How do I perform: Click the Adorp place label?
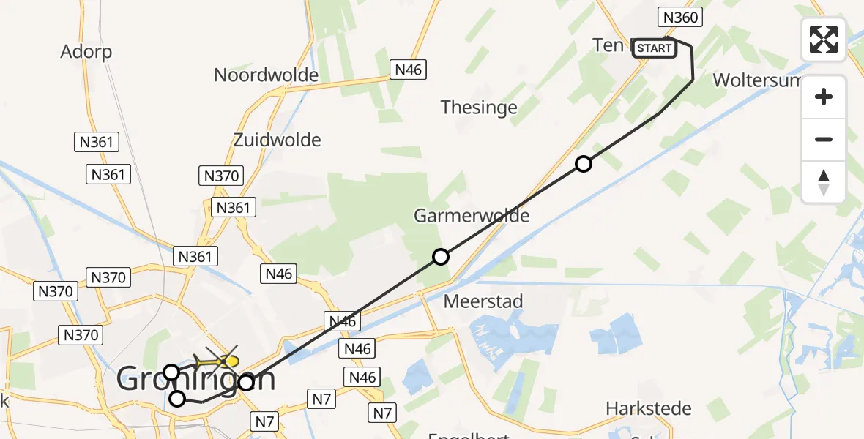(86, 51)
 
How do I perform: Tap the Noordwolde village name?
(266, 75)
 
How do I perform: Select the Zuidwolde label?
(277, 139)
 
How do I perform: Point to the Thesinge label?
(479, 108)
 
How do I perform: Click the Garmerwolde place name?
(472, 215)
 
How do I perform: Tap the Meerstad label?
(483, 301)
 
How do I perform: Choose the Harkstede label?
(649, 408)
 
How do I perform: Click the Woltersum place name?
(758, 80)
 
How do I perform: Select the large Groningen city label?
(196, 380)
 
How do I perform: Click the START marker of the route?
(654, 48)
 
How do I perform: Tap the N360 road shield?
(680, 17)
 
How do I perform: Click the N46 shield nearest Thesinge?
(408, 70)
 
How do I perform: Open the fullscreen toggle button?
(824, 40)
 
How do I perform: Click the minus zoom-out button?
(824, 139)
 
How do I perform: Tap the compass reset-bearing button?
(824, 181)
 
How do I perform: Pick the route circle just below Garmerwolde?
(441, 257)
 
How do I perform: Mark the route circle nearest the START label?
(583, 164)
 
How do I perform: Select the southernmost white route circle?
(177, 399)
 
